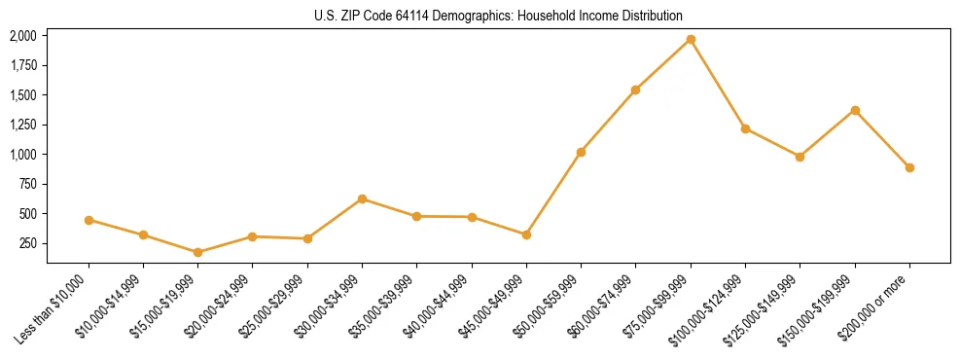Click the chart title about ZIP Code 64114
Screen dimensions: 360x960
[x=499, y=16]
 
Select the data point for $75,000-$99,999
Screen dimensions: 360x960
[x=691, y=39]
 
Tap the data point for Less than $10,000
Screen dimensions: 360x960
[x=89, y=220]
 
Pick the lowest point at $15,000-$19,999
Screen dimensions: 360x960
[x=197, y=252]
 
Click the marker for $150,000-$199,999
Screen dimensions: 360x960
[x=855, y=110]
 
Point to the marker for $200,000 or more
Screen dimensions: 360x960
[x=909, y=167]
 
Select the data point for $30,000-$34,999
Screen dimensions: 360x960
[x=362, y=198]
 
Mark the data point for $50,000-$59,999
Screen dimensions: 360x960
[x=581, y=152]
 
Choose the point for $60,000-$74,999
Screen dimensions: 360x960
[x=635, y=90]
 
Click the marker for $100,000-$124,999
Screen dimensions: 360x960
[x=745, y=128]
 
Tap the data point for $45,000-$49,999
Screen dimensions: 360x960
[x=526, y=234]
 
